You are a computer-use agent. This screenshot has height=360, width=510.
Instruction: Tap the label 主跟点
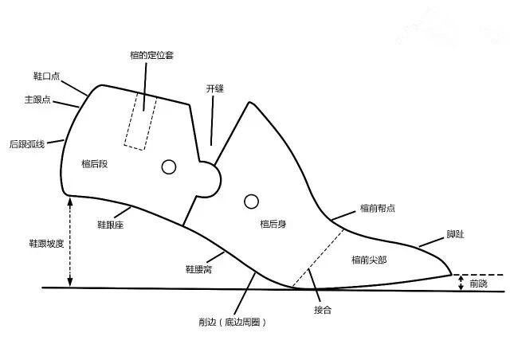39,100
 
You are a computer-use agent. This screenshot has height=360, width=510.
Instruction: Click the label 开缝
214,90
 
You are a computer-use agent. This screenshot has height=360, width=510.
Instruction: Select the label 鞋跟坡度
35,242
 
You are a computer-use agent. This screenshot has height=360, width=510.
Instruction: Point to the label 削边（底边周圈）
232,322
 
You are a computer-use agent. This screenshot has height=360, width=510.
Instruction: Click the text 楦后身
273,225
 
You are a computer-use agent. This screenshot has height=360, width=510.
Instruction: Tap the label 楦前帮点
378,209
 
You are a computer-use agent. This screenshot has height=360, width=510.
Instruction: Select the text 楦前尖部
369,260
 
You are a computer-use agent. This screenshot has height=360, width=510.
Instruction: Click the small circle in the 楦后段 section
168,166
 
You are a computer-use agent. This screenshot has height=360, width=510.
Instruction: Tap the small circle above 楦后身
252,200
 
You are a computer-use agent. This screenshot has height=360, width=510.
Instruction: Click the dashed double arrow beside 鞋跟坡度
71,242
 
